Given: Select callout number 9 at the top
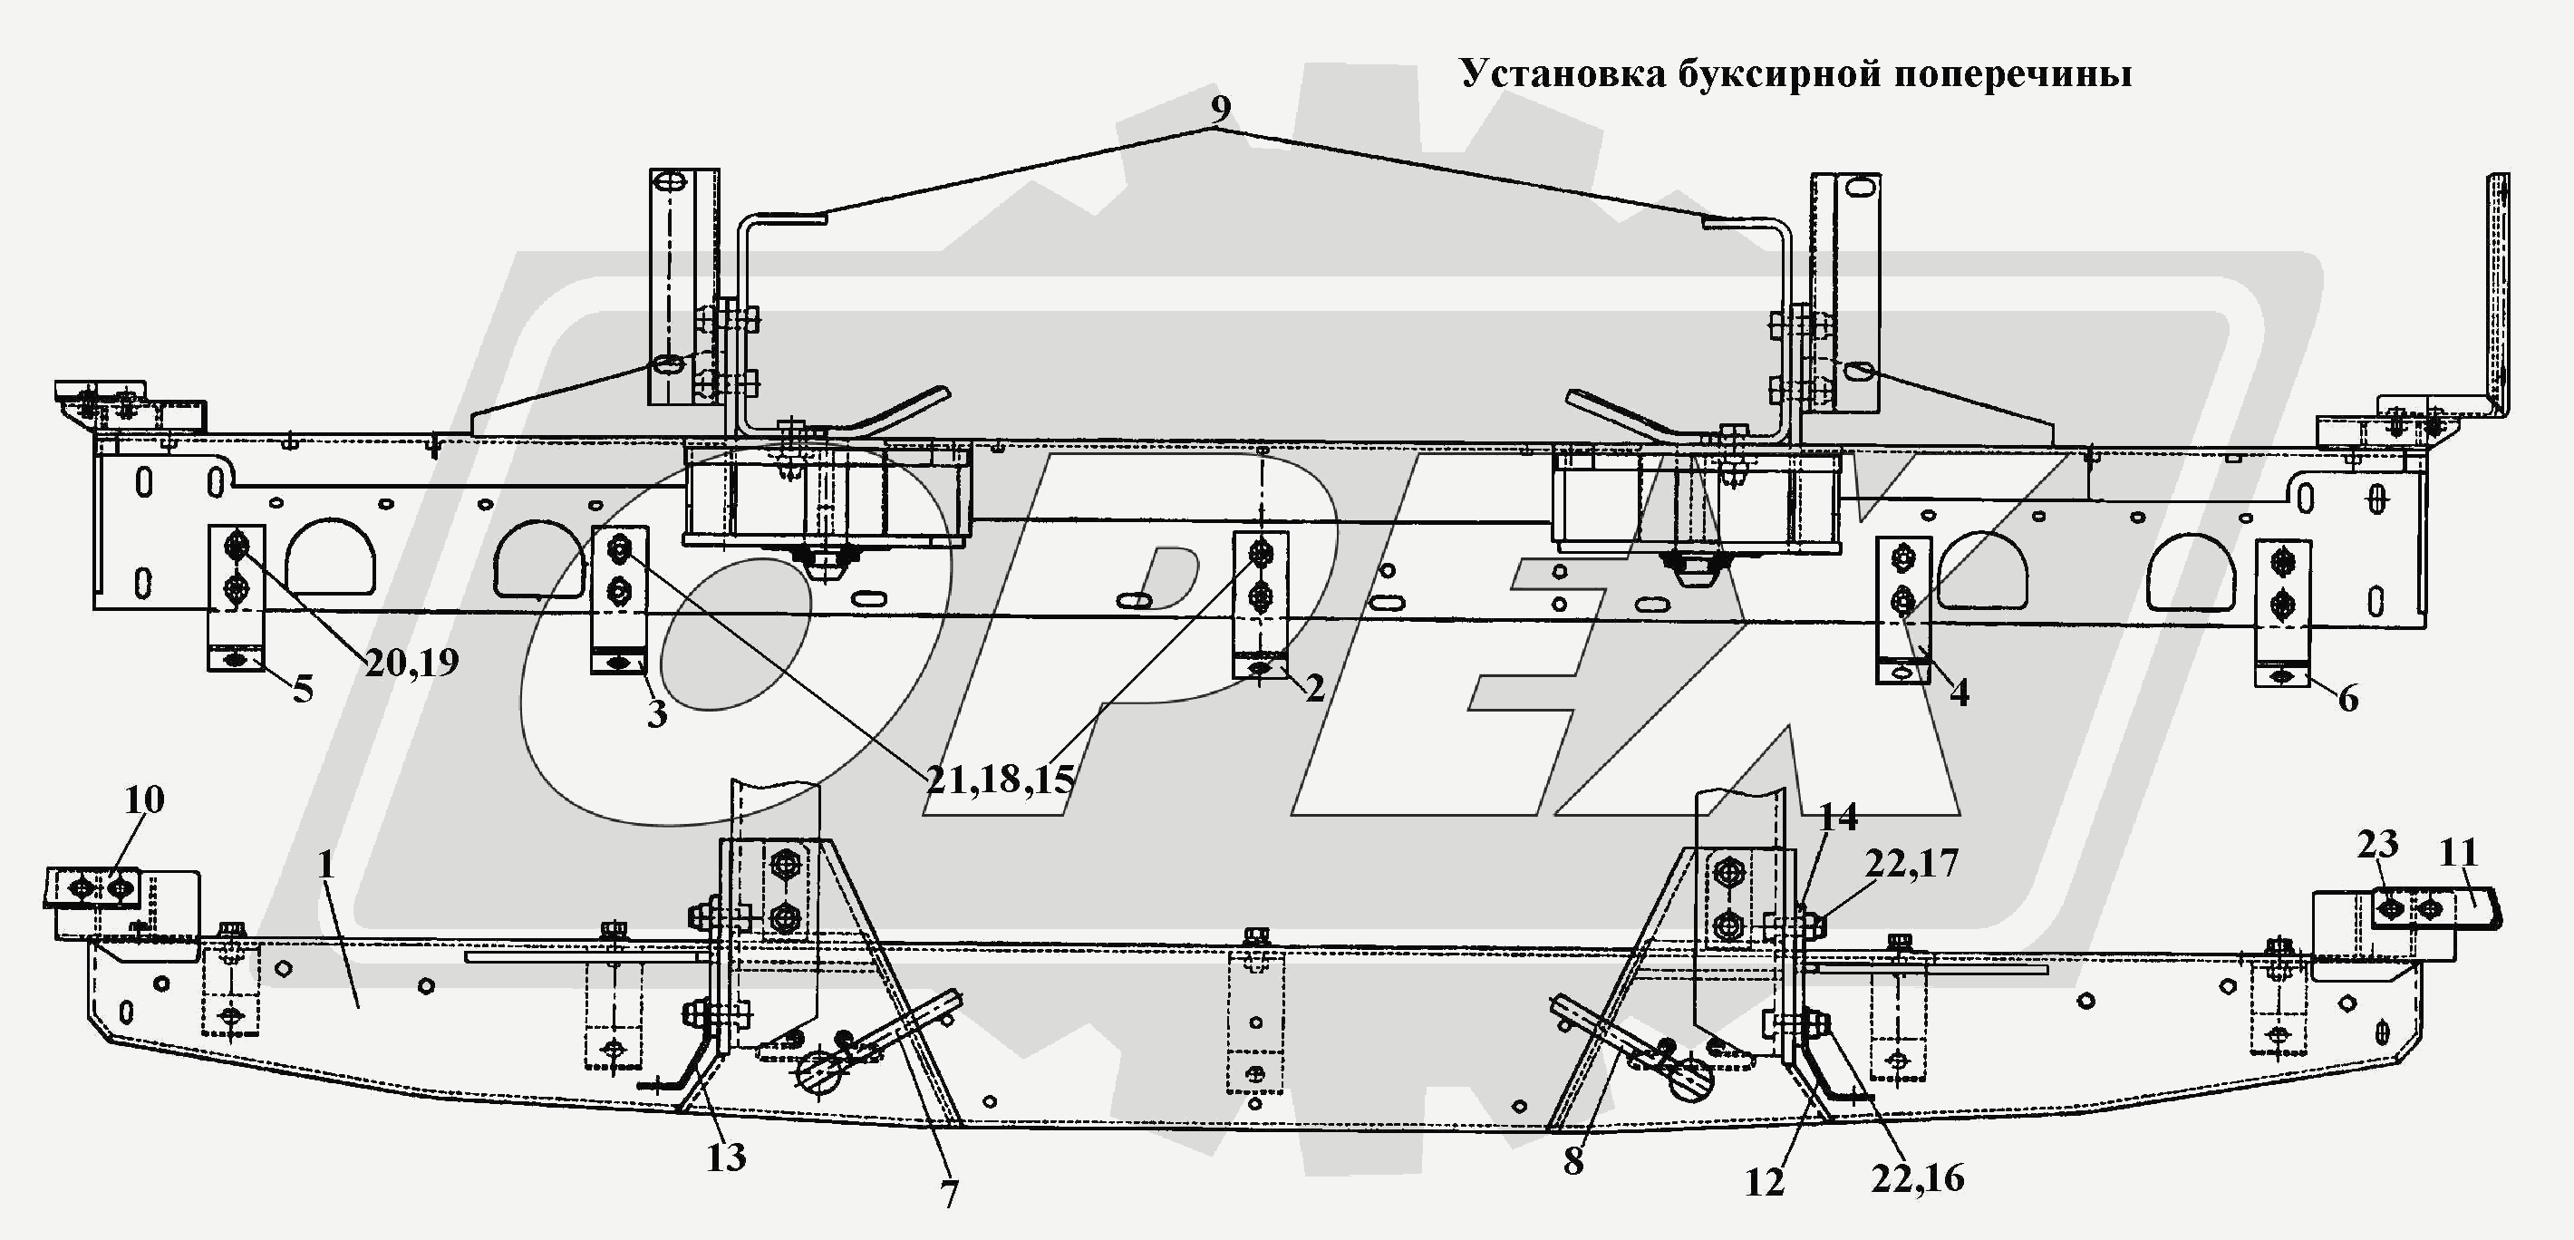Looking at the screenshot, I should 1220,109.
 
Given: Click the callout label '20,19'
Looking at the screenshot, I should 411,663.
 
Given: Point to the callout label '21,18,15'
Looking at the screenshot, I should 999,780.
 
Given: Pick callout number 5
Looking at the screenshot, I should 303,689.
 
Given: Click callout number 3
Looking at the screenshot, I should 656,713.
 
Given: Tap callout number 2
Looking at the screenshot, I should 1314,686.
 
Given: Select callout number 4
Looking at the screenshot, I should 1959,693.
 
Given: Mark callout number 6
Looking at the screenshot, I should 2347,697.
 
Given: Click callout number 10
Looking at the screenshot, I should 144,800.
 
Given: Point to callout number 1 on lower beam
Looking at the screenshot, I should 324,865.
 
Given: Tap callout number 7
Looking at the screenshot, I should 949,1194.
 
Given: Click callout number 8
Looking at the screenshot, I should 1572,1161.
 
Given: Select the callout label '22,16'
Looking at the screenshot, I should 1918,1179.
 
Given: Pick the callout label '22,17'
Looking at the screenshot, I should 1911,863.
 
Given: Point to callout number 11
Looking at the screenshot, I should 2458,853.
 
